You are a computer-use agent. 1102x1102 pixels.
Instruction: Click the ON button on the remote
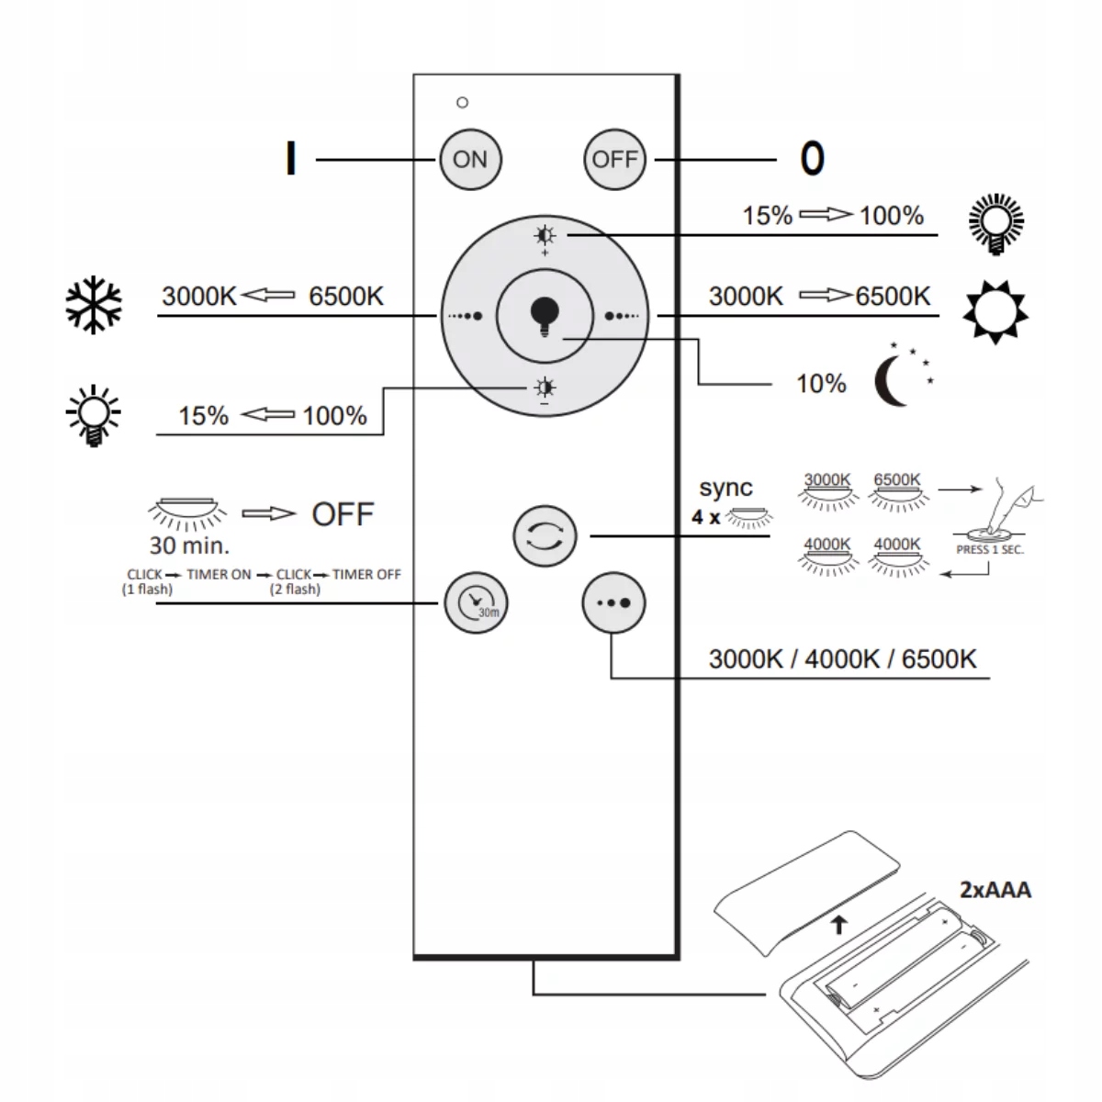tap(469, 159)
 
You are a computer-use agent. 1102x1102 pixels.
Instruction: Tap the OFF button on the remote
tap(614, 159)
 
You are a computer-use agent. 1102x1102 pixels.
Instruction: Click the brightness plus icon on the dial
tap(545, 236)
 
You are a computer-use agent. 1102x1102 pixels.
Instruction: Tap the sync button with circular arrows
tap(545, 537)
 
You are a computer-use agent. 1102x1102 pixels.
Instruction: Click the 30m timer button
tap(476, 602)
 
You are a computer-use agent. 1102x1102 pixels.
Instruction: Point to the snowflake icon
tap(94, 306)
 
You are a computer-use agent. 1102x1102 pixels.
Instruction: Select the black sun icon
tap(995, 310)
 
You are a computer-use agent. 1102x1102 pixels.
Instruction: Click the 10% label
tap(820, 383)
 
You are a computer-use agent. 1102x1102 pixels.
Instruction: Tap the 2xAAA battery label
tap(995, 889)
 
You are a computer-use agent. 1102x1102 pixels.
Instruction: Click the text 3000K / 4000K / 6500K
tap(842, 658)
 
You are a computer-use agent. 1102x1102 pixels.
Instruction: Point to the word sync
tap(725, 488)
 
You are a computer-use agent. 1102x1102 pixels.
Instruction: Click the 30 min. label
tap(189, 545)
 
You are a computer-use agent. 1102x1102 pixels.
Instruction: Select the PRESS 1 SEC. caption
tap(990, 550)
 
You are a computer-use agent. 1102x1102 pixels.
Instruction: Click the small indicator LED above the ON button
tap(462, 102)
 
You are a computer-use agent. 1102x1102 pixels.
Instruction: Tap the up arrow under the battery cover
tap(838, 925)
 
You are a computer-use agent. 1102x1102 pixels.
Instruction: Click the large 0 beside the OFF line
tap(812, 159)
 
